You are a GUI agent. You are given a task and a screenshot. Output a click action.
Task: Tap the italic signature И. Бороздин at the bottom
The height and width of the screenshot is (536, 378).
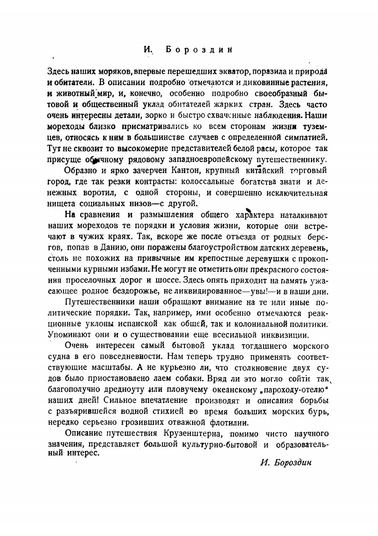point(286,462)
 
